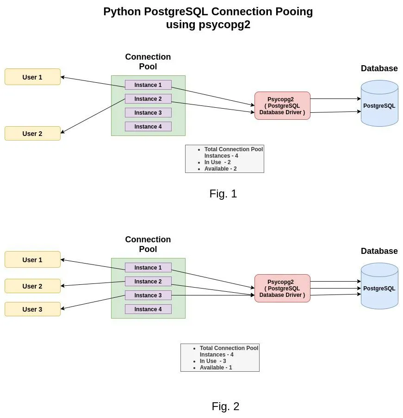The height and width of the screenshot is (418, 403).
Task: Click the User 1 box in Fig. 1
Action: (32, 77)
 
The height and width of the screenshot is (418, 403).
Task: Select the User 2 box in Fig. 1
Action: (32, 134)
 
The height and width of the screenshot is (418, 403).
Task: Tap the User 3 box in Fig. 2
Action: (32, 309)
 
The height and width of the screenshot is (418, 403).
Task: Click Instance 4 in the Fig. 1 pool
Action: (148, 127)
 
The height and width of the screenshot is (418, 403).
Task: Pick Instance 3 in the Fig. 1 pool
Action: (148, 113)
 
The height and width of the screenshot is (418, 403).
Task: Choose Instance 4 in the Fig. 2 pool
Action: (148, 309)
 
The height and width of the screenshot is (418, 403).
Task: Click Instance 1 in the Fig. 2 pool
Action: (148, 268)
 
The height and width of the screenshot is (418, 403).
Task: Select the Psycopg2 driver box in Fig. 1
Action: (282, 106)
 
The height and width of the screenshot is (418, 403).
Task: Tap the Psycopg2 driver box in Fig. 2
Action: (282, 289)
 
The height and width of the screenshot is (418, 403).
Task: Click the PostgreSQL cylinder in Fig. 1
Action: (379, 106)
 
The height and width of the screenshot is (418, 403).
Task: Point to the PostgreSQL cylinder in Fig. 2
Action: (379, 289)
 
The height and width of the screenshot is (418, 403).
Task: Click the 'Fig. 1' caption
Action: (223, 194)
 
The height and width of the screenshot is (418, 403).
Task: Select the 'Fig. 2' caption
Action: (225, 406)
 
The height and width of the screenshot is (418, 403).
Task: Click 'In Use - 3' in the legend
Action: (213, 361)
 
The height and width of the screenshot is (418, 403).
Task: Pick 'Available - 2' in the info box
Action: (220, 169)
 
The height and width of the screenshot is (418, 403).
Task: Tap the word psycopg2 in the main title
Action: (224, 25)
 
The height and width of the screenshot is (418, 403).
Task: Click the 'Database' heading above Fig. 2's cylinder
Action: (379, 251)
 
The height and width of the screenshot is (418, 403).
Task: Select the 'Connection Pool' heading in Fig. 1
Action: (148, 61)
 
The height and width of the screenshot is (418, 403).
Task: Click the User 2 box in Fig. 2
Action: (32, 286)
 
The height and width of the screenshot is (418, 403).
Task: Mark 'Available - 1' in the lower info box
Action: (216, 368)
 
